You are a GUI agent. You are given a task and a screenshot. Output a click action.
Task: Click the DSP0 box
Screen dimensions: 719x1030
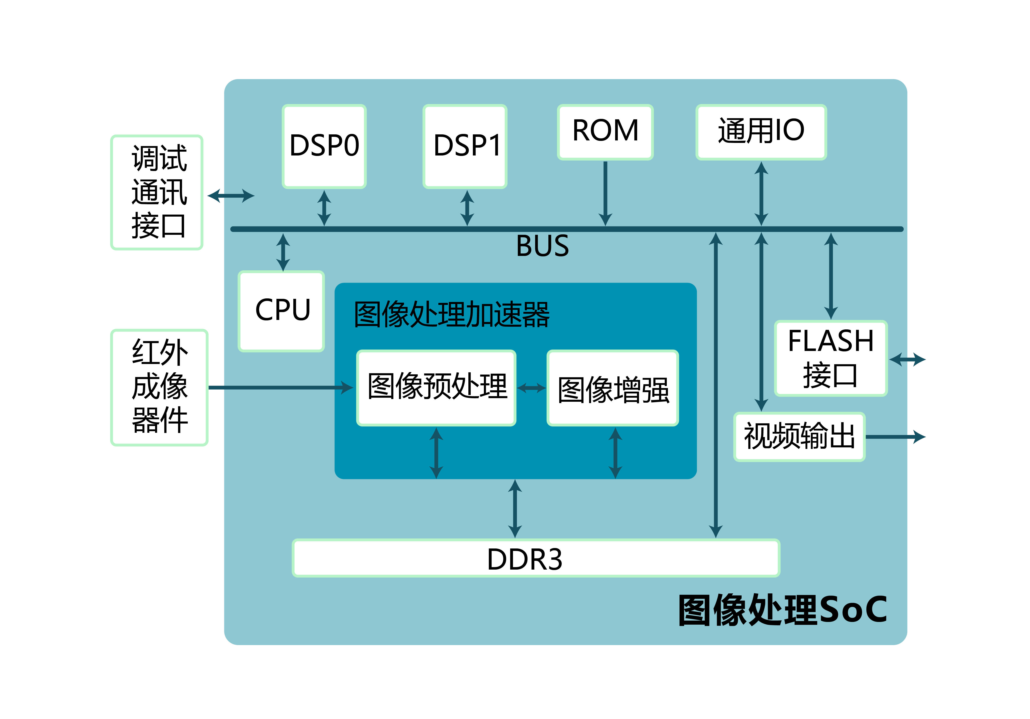point(324,146)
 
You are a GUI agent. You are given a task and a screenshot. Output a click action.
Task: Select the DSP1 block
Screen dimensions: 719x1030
point(465,146)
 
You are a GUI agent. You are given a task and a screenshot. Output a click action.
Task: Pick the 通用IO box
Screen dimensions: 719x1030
point(761,132)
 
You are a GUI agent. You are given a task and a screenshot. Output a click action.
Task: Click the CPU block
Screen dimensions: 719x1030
point(281,311)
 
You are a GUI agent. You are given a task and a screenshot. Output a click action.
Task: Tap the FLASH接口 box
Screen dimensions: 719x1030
point(830,358)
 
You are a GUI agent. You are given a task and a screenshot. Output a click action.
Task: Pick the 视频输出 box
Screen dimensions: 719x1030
point(799,436)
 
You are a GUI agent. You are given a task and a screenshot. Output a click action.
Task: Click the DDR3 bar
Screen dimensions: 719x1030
point(536,558)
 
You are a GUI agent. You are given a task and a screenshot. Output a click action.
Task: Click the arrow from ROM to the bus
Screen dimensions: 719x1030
point(605,193)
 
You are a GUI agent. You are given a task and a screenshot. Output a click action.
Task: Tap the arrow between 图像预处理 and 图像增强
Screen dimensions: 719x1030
point(531,388)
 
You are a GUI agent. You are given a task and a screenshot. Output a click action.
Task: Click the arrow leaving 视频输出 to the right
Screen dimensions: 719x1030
point(895,436)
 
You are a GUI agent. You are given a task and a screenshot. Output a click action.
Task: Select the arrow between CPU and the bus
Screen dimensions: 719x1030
point(283,252)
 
